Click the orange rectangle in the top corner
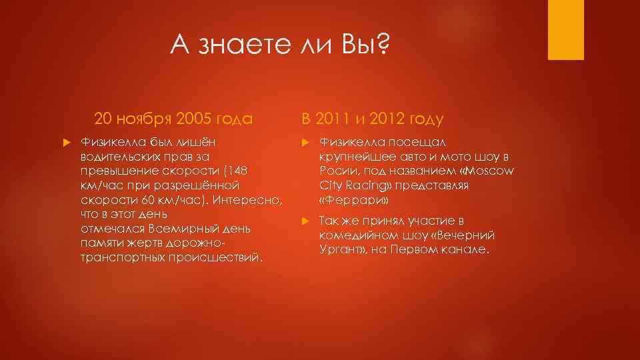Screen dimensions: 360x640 coord(565,30)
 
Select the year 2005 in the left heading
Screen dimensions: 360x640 coord(197,119)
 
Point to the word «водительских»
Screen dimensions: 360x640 coord(117,157)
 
